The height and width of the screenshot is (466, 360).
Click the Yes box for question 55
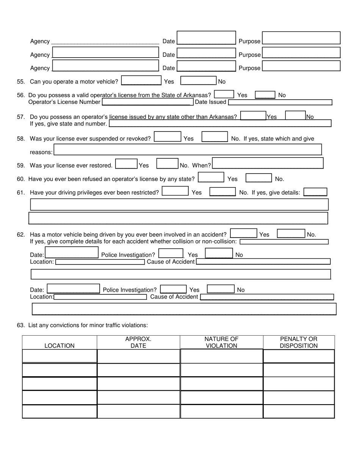141,81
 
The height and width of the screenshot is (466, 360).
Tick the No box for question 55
198,81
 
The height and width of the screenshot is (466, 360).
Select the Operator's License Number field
147,102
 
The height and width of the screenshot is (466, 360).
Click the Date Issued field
280,102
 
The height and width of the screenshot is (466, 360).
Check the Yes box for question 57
253,116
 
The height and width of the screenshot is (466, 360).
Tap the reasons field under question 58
188,150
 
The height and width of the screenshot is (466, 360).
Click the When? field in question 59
268,163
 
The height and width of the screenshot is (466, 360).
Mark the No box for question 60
258,178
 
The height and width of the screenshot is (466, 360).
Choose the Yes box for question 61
175,191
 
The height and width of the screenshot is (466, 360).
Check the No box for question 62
291,234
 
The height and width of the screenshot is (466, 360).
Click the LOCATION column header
59,346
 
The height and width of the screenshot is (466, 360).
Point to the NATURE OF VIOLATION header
221,342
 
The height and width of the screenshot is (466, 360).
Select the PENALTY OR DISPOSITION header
299,342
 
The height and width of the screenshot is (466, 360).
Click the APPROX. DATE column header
138,342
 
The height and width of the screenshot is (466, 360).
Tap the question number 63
20,325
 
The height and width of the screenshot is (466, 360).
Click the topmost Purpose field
301,38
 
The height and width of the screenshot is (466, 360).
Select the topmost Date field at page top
206,38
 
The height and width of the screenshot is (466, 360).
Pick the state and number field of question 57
220,124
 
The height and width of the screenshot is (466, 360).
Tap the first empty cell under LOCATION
59,356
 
